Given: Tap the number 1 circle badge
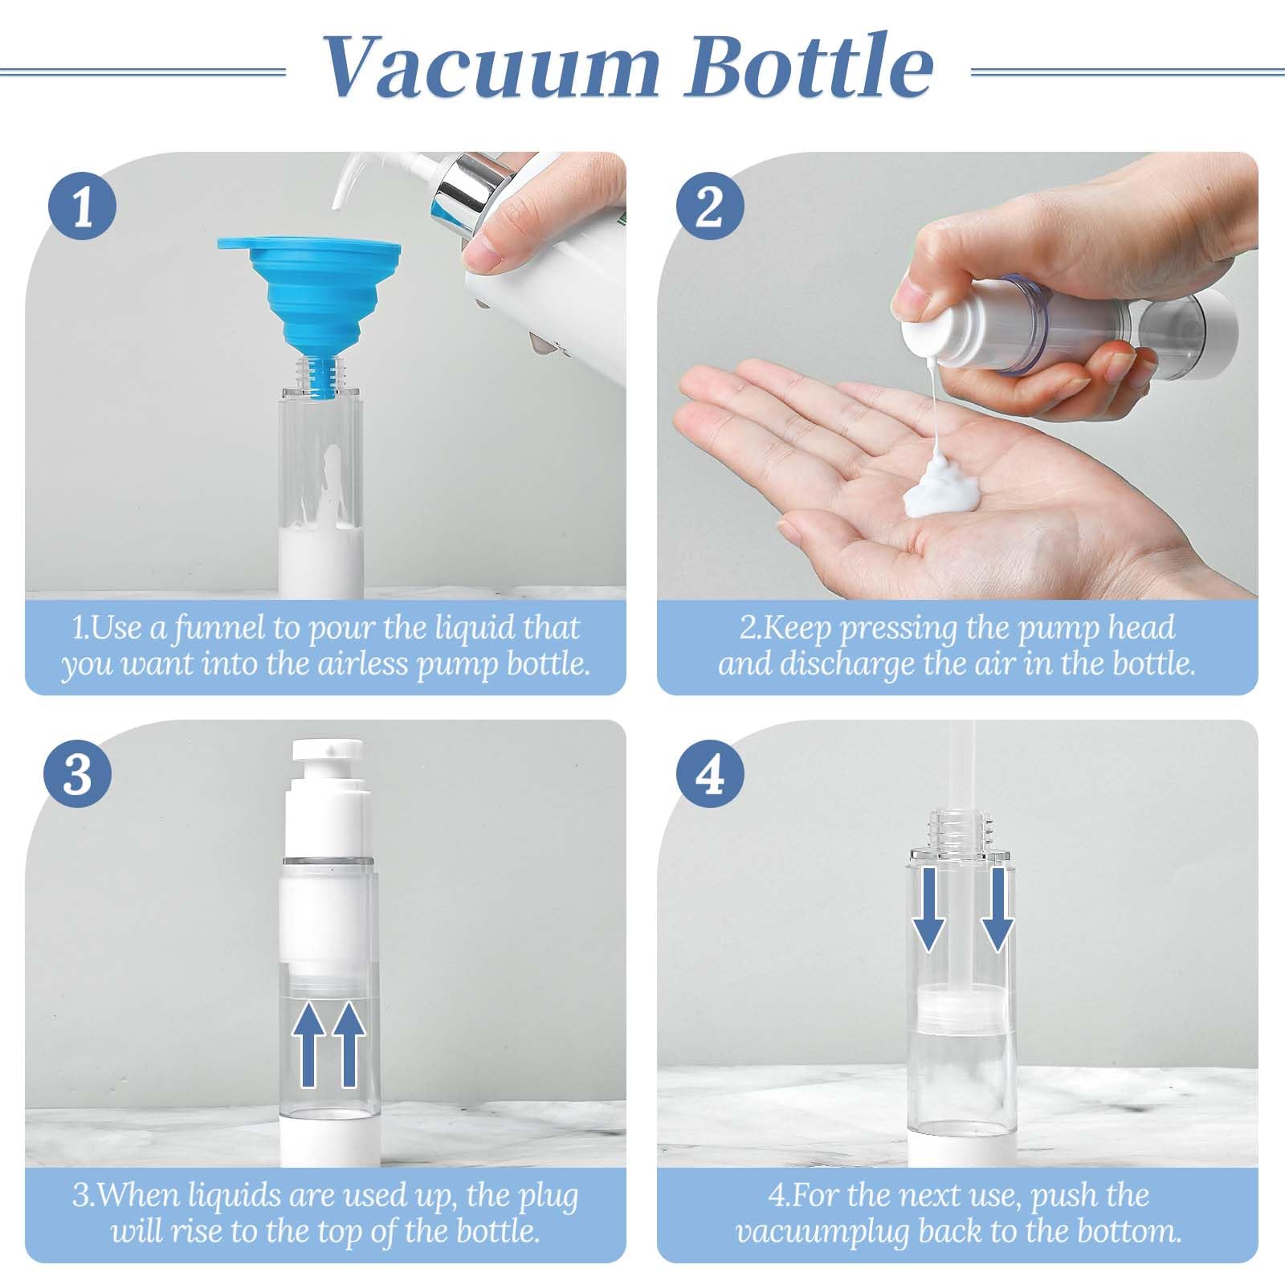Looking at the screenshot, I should [x=83, y=206].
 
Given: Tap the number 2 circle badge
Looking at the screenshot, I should [x=709, y=206].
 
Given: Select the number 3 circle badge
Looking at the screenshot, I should [x=76, y=774].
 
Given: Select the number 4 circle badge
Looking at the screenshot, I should [x=709, y=774].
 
